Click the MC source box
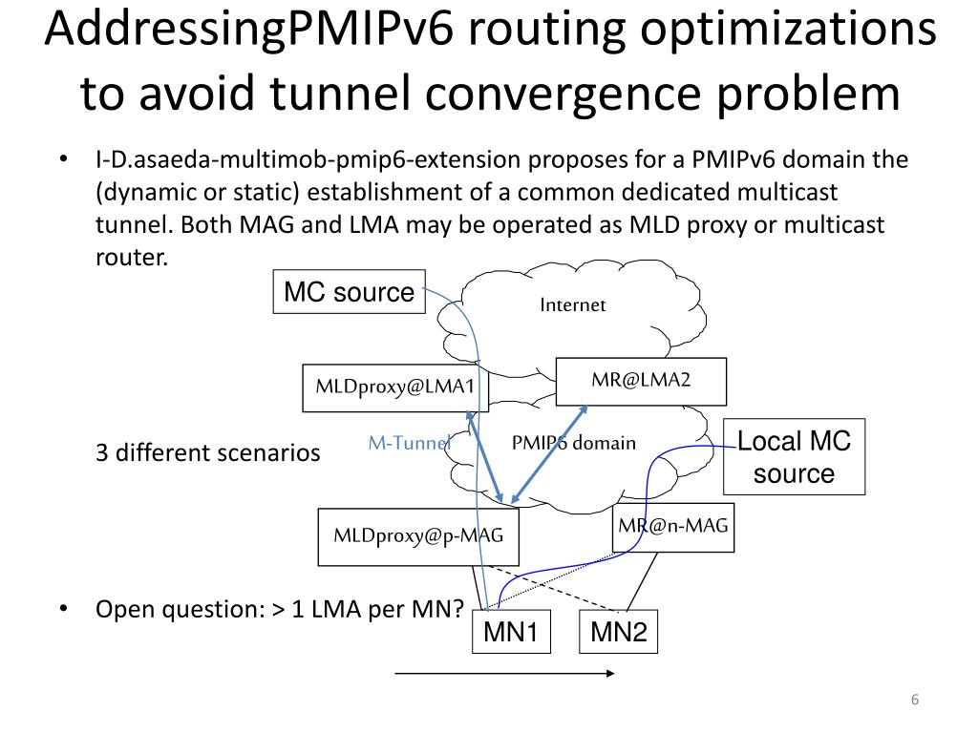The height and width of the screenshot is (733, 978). click(350, 292)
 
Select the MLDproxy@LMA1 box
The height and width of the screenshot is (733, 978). click(389, 388)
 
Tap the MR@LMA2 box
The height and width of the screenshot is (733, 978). click(641, 381)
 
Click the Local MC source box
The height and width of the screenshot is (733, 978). click(794, 457)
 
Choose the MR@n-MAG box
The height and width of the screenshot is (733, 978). click(673, 526)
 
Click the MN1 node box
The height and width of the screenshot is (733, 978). click(511, 632)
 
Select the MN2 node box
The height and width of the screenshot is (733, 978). click(619, 632)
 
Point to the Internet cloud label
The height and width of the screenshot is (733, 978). click(573, 305)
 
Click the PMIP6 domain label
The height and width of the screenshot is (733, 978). click(573, 443)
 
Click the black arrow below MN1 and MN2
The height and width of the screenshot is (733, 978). click(505, 674)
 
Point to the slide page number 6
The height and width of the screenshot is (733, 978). click(914, 702)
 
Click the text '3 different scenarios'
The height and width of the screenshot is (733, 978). click(208, 452)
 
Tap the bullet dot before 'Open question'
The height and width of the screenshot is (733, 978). click(63, 608)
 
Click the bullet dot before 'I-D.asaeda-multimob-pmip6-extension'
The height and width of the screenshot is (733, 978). click(63, 159)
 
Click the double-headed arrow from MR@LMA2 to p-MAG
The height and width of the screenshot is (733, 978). click(549, 452)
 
